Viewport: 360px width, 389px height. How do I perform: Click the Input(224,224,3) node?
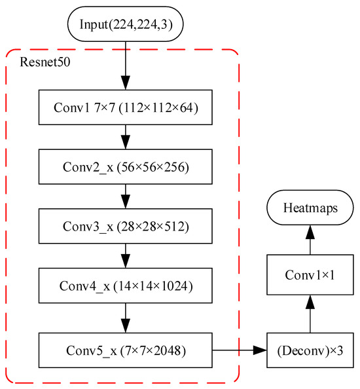[x=126, y=24]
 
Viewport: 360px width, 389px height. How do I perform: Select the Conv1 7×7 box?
[x=126, y=106]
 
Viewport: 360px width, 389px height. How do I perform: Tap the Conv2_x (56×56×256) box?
[x=126, y=167]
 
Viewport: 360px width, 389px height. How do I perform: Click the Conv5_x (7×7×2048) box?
[x=126, y=350]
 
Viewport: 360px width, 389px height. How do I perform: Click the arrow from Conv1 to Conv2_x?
[x=126, y=137]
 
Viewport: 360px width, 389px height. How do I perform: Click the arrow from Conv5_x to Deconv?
[x=239, y=350]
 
